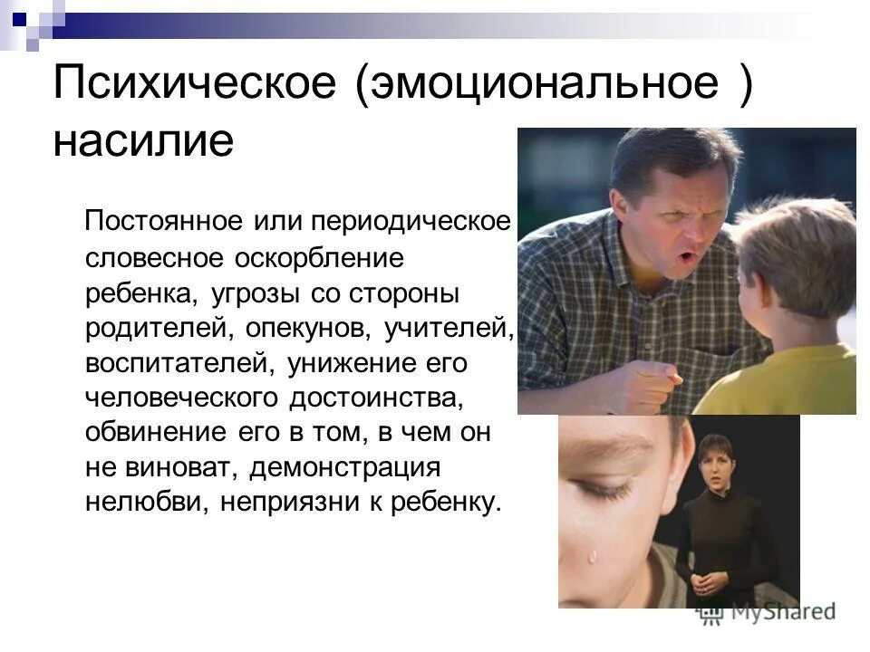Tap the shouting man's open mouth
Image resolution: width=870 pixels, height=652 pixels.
(687, 260)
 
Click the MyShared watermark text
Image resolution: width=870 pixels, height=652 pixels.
(779, 612)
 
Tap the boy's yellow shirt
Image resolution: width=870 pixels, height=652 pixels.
(797, 380)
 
